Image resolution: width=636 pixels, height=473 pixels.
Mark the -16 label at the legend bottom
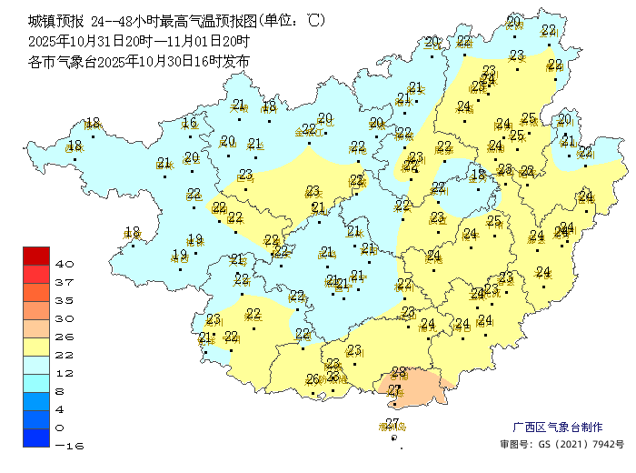click(x=69, y=446)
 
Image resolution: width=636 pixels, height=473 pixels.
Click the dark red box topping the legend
click(x=36, y=256)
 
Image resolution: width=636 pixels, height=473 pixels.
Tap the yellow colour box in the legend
click(x=36, y=347)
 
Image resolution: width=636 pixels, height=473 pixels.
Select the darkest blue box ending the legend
click(x=36, y=438)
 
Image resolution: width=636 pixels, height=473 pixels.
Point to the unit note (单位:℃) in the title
click(x=290, y=20)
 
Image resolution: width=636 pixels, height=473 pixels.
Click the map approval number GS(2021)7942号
click(x=563, y=445)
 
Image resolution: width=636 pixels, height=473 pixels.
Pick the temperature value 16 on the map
click(x=189, y=124)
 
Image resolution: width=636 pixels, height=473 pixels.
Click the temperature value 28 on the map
click(x=398, y=372)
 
